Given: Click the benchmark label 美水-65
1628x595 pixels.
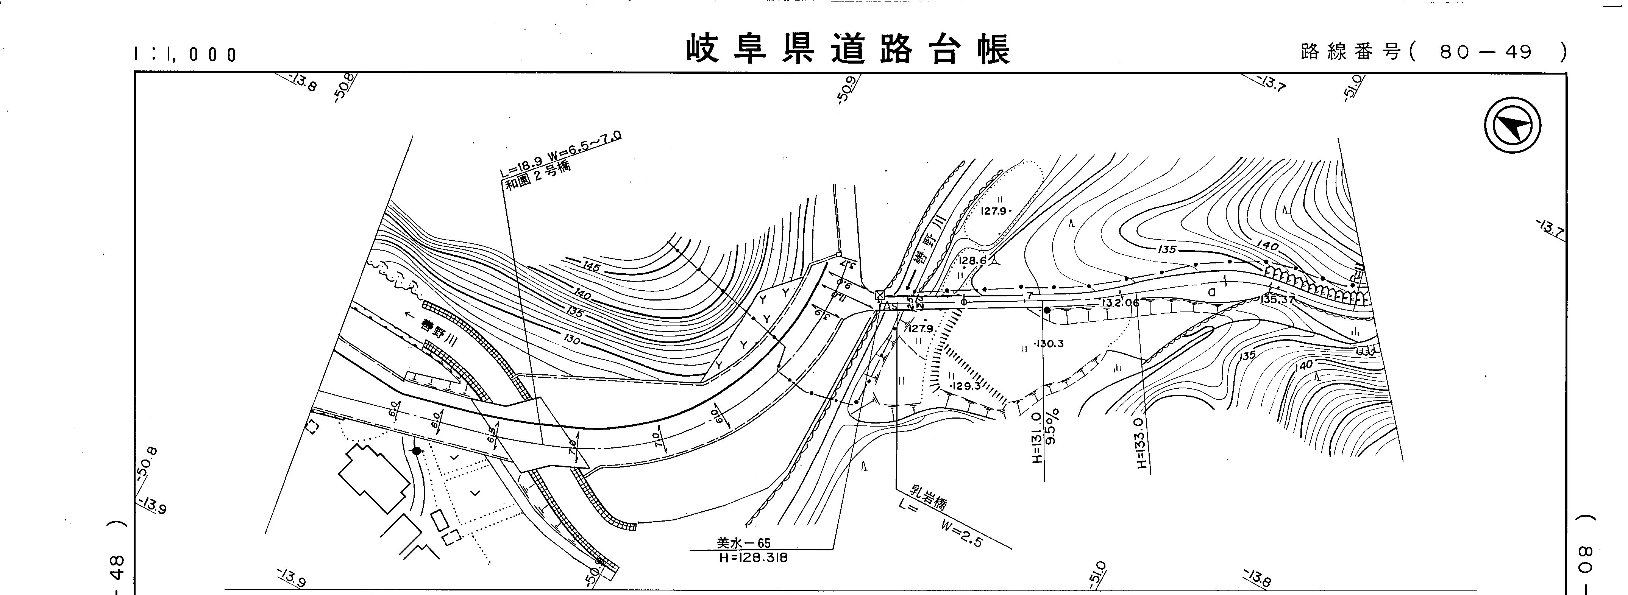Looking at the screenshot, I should click(x=743, y=542).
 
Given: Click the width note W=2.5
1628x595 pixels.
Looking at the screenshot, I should click(x=961, y=534).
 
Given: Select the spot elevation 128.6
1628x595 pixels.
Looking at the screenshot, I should click(x=972, y=260).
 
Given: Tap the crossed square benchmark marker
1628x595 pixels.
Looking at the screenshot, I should click(x=879, y=295).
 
